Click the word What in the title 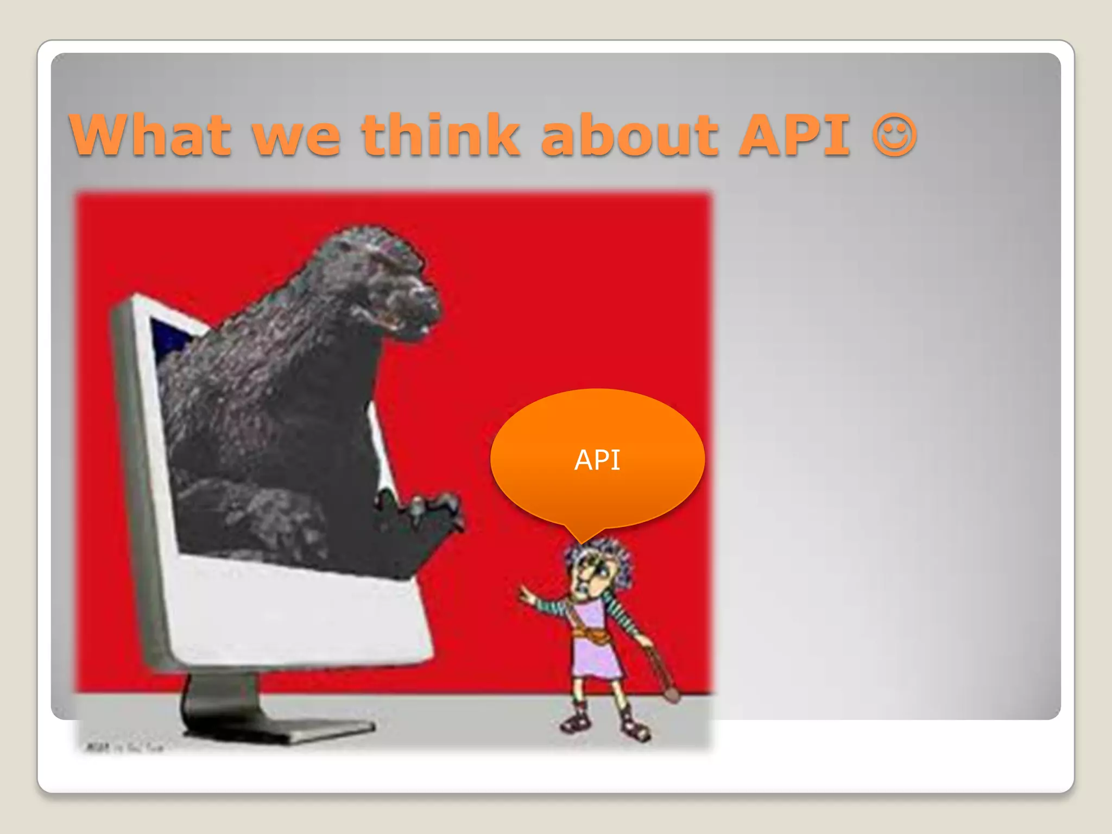(x=150, y=135)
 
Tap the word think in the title (x=440, y=135)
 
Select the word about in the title (x=630, y=135)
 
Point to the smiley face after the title (x=894, y=135)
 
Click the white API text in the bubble (x=597, y=460)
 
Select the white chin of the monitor (x=299, y=614)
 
